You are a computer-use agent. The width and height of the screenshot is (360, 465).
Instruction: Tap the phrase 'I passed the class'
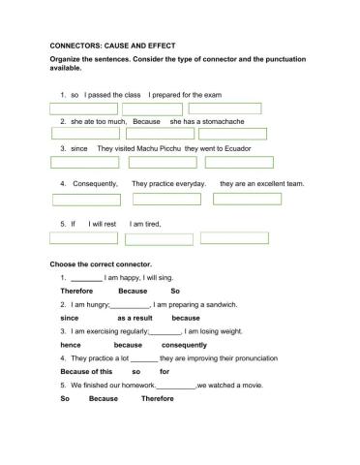click(x=113, y=95)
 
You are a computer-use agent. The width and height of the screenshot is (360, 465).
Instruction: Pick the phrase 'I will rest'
click(x=103, y=224)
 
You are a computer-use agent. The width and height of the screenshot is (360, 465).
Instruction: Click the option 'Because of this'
click(x=86, y=371)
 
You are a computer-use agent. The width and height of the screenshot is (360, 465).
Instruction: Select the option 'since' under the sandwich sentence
click(x=69, y=317)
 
